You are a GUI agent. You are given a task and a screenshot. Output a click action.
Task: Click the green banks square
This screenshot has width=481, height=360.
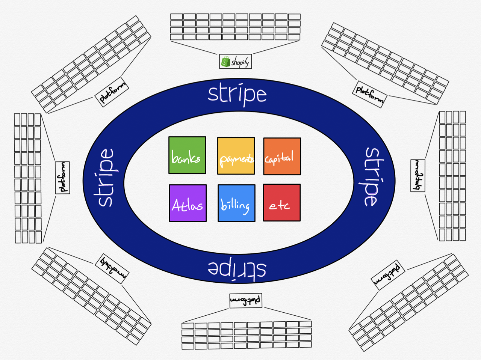pos(187,155)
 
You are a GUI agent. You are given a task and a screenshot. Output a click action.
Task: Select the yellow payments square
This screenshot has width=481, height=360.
pos(236,156)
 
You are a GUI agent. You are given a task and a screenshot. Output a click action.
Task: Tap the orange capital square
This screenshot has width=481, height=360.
pos(282,156)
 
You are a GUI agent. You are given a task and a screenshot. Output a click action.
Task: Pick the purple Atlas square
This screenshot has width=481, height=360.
pos(188,203)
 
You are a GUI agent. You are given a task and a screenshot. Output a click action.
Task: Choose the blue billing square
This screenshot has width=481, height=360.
pos(236,203)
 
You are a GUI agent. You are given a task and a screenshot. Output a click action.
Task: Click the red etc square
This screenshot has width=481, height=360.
pos(282,203)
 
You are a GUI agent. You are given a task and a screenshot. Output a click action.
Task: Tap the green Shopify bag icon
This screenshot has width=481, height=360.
pos(225,62)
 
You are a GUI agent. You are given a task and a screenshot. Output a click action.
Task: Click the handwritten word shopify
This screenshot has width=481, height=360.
pos(240,62)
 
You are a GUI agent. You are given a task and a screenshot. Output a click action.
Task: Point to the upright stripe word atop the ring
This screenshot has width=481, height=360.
pos(237,95)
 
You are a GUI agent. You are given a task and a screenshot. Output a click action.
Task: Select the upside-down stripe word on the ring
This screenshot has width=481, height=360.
pos(237,269)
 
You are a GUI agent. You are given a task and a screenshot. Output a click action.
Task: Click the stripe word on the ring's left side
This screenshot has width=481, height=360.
pos(106,178)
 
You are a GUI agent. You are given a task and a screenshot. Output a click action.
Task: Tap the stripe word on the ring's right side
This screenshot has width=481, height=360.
pos(371,176)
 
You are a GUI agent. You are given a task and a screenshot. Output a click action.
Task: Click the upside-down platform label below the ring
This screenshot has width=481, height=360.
pos(246,300)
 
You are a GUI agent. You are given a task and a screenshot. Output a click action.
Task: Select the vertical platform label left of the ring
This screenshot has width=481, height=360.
pos(62,178)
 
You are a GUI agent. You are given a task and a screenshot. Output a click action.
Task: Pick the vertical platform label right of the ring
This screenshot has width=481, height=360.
pos(417,176)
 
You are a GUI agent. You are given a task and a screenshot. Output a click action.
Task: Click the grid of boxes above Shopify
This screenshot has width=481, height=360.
pos(235,27)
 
